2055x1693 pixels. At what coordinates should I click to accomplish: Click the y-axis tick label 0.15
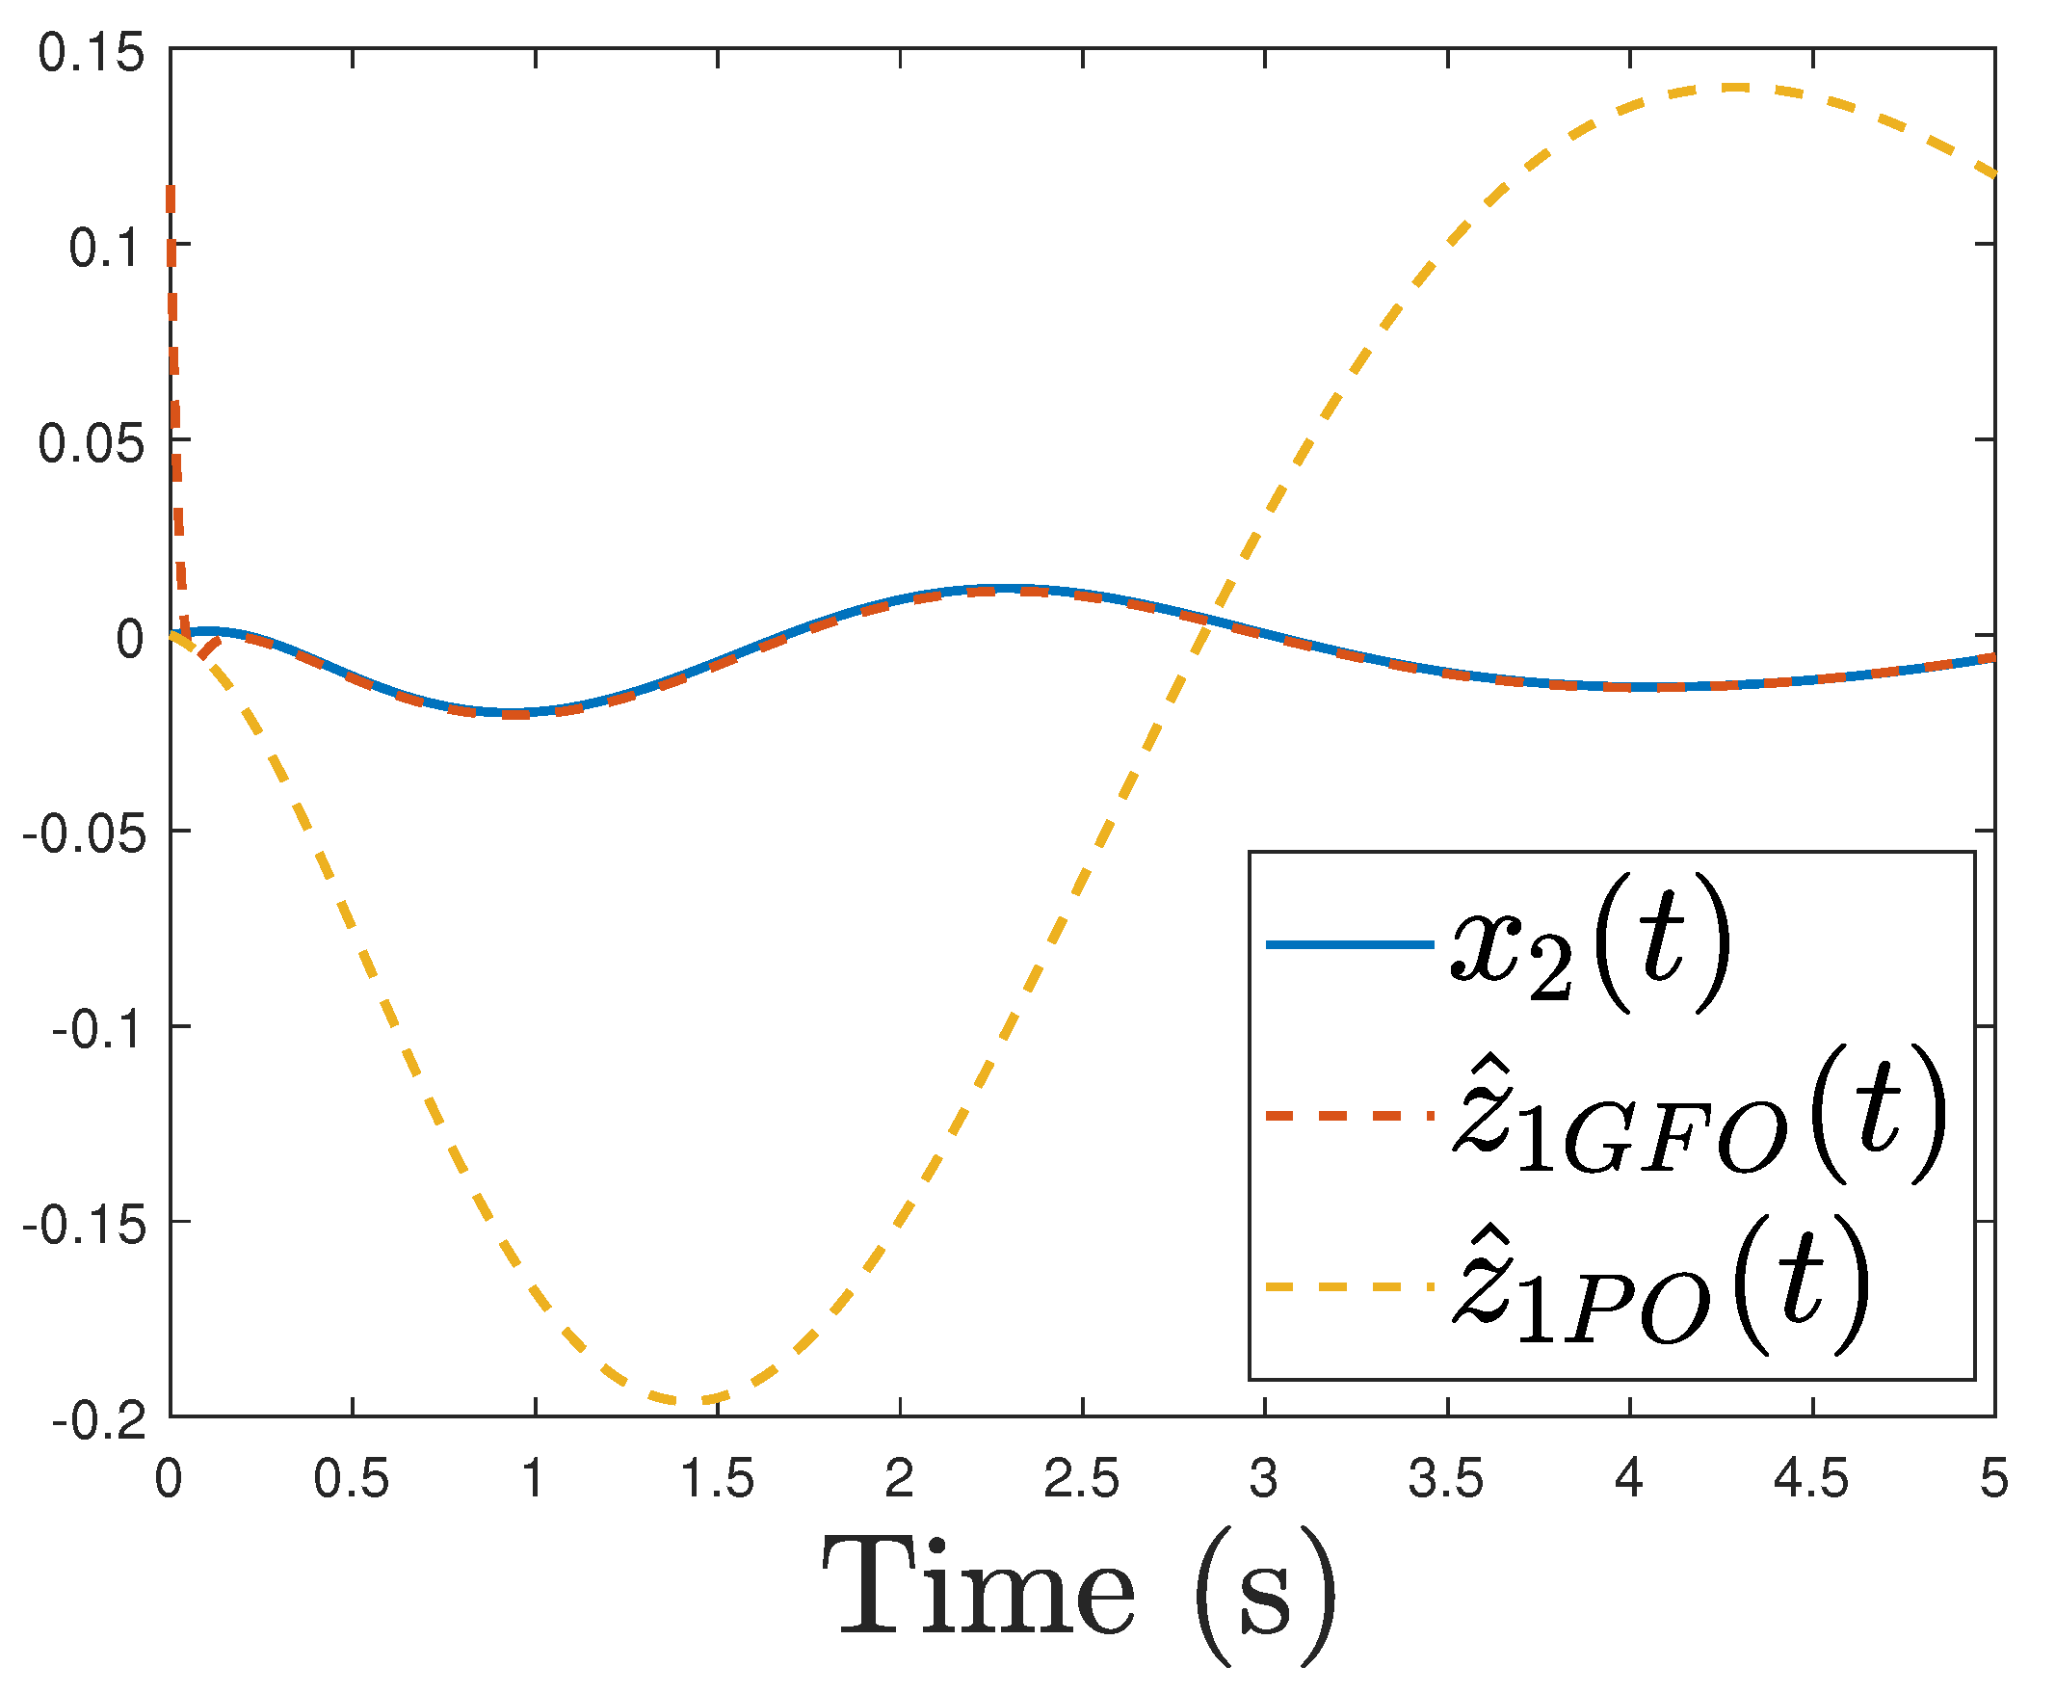[x=90, y=53]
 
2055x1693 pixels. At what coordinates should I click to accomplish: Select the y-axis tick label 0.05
[x=90, y=445]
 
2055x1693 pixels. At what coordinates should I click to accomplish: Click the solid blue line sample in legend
[x=1349, y=944]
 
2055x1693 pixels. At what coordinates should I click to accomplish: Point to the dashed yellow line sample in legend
[x=1349, y=1287]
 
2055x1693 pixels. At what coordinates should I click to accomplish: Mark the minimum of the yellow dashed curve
[x=689, y=1401]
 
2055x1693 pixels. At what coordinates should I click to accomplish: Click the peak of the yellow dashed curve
[x=1733, y=88]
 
